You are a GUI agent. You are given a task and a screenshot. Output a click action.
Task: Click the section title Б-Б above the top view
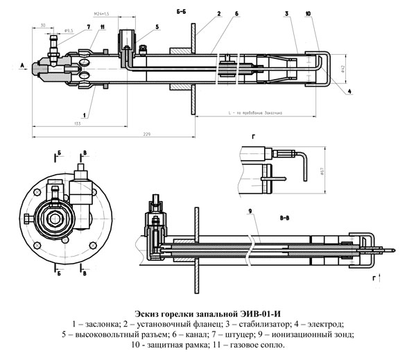pyautogui.click(x=182, y=12)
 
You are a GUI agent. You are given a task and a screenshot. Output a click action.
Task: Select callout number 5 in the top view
pyautogui.click(x=157, y=26)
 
